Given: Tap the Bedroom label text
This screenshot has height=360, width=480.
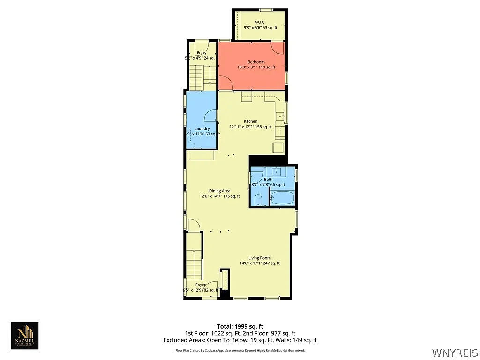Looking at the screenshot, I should (256, 62).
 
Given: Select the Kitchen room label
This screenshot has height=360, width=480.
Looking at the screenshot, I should (250, 121).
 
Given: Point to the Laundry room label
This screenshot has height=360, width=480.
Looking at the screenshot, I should (202, 128).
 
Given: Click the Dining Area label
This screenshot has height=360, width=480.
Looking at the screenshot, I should (219, 191).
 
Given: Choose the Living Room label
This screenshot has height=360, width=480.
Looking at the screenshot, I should (259, 258).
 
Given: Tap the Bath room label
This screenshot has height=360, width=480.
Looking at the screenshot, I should (268, 179).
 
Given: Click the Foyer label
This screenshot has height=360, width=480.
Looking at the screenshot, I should (201, 285).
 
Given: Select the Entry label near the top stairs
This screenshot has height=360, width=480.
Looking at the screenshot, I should (202, 52).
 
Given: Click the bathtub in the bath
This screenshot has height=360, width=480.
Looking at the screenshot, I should (283, 198).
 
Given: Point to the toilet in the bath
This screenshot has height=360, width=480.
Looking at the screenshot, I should (258, 201).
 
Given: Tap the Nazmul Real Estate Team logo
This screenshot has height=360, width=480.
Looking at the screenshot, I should (25, 335).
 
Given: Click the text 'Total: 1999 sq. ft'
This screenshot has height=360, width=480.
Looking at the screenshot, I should (240, 326).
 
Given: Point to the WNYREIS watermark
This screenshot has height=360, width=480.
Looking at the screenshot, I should (454, 352).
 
